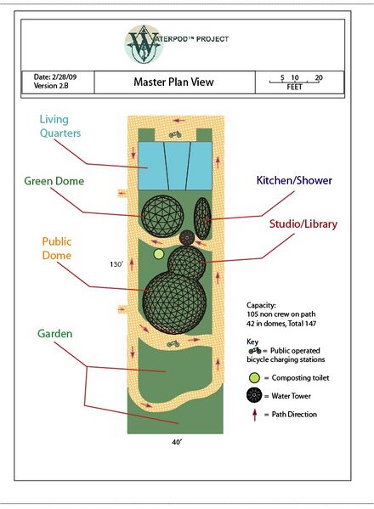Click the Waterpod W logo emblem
(143, 44)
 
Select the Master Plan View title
(173, 82)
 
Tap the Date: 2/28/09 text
(55, 77)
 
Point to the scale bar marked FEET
(294, 82)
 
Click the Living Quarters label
(60, 127)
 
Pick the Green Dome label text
(54, 181)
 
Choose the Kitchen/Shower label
(294, 180)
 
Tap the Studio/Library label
(303, 224)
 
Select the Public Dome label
(57, 248)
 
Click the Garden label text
(55, 333)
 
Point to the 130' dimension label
(116, 264)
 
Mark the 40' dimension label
(177, 442)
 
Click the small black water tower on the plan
(187, 238)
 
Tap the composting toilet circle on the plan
(159, 254)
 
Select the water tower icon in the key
(254, 395)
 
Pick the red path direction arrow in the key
(255, 415)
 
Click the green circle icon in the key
(254, 378)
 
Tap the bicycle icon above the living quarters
(175, 134)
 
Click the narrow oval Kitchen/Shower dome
(202, 218)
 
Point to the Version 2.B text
(51, 86)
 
